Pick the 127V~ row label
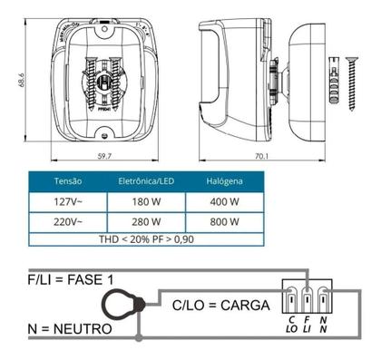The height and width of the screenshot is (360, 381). (x=68, y=200)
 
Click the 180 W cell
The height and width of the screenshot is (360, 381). (x=145, y=200)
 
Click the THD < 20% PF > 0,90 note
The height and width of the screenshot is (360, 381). (x=145, y=239)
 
